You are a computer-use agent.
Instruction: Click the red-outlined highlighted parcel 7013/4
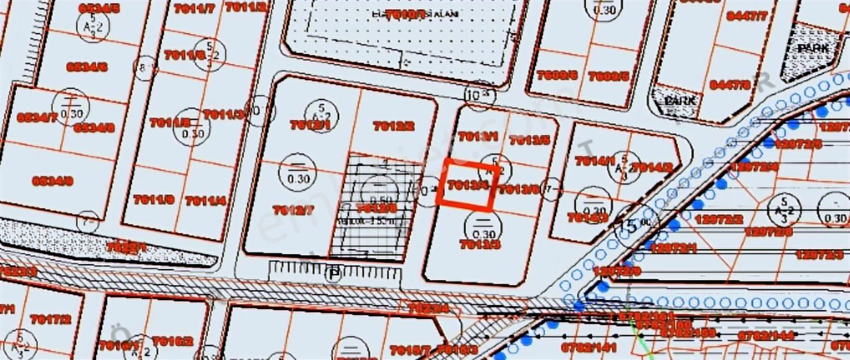click(x=467, y=184)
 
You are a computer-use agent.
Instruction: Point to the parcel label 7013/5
click(x=529, y=140)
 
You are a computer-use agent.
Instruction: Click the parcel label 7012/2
click(x=393, y=126)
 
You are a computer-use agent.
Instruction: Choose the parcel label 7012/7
click(x=293, y=209)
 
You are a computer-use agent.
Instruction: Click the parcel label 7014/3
click(x=587, y=217)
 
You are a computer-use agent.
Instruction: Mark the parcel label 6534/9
click(x=53, y=181)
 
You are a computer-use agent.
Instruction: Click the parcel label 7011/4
click(x=205, y=200)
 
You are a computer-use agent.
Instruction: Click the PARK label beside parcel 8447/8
click(x=680, y=100)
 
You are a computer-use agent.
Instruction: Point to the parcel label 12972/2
click(x=719, y=219)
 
